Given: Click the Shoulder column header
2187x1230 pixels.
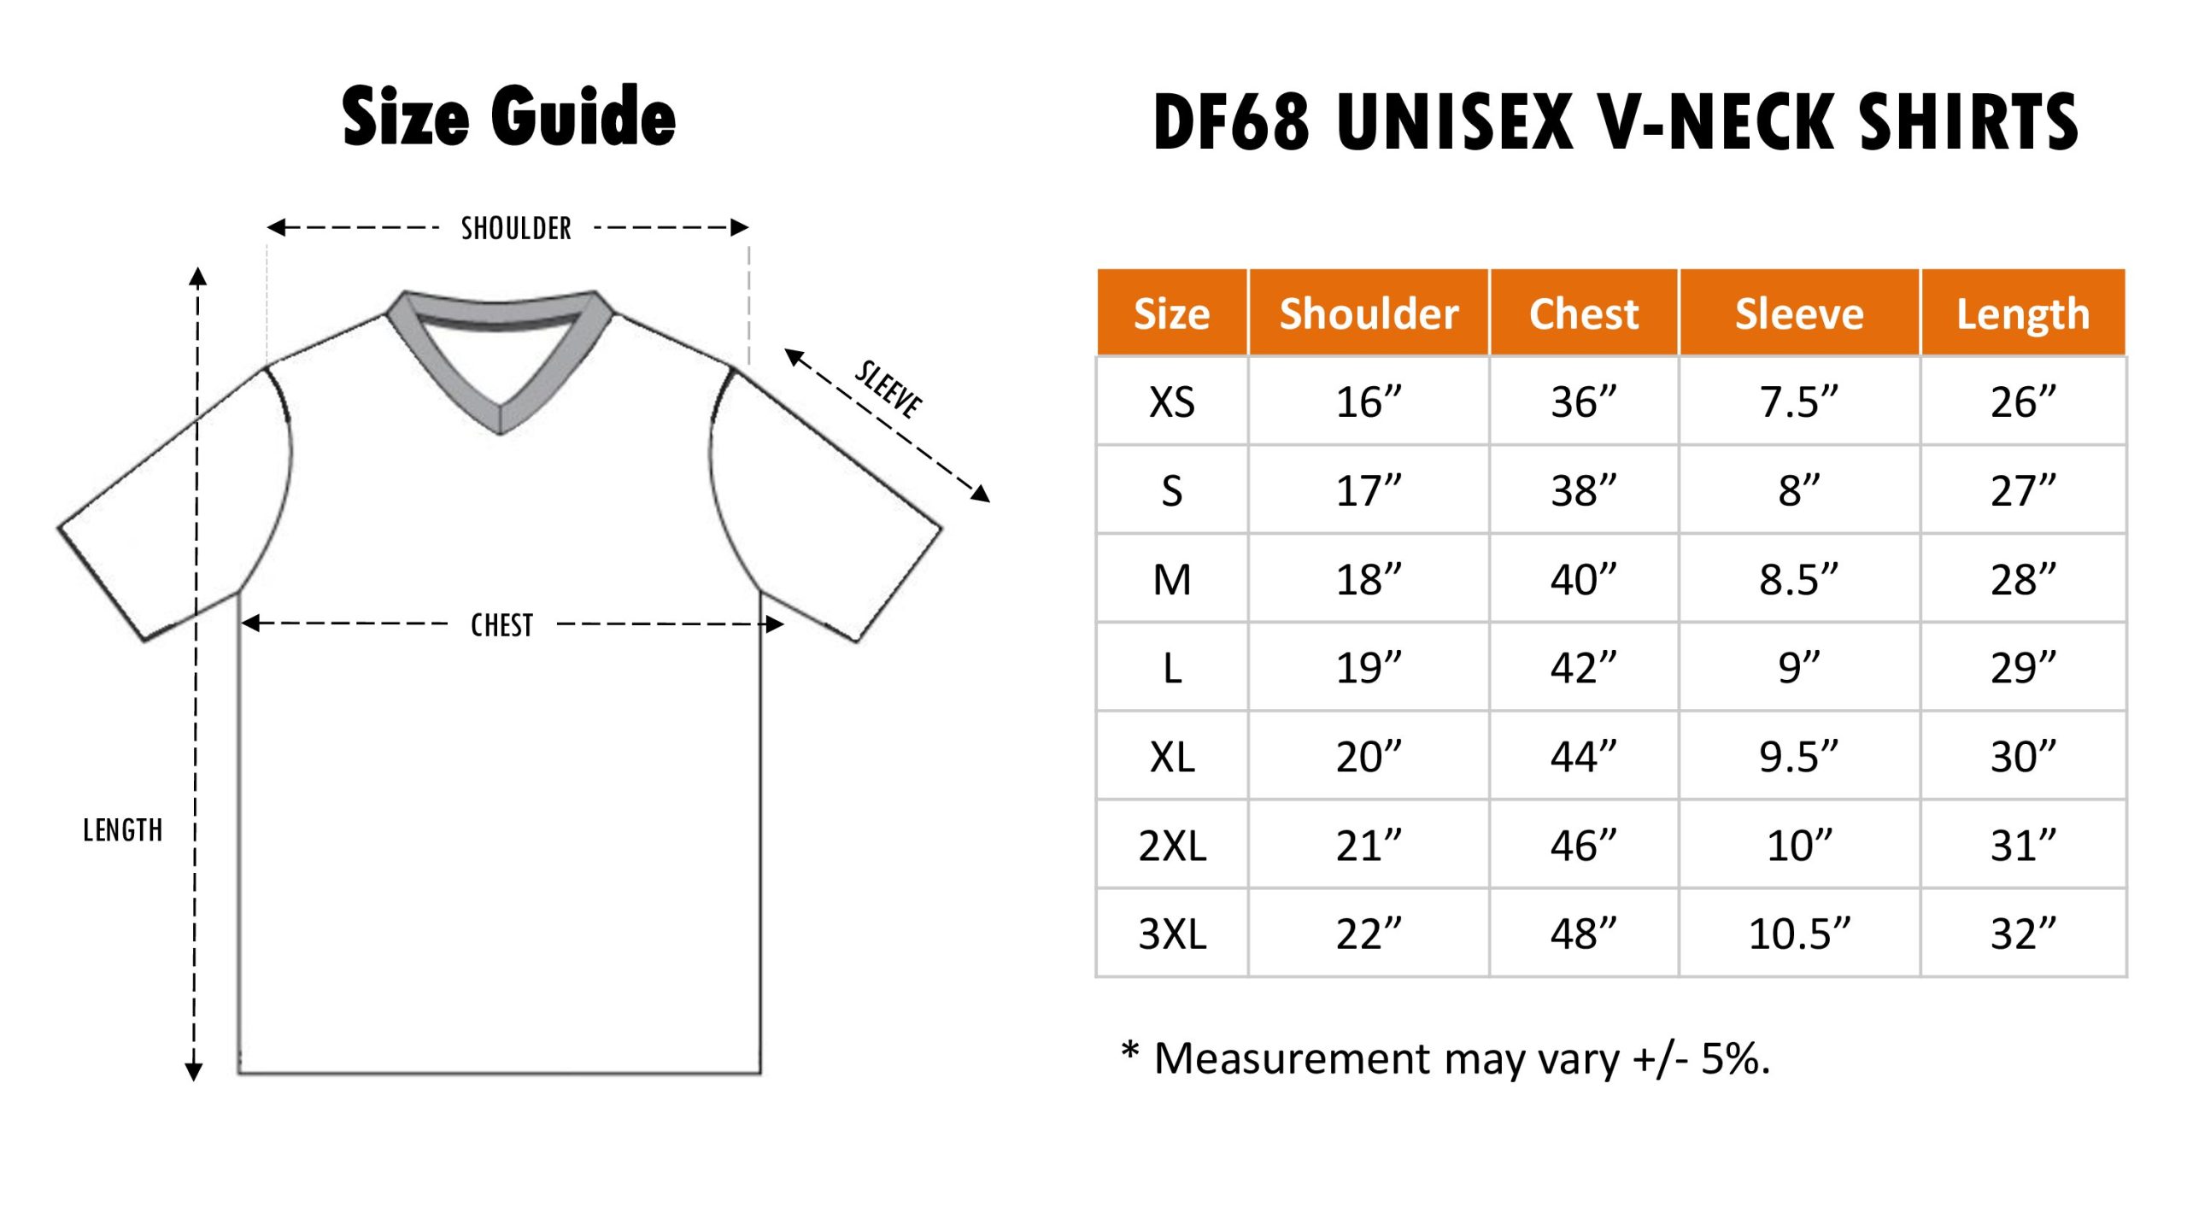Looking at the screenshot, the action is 1369,313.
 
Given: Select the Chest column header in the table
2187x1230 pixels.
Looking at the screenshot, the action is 1584,313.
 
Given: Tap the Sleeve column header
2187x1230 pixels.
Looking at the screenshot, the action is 1799,313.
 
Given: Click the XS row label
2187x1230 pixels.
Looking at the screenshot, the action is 1172,401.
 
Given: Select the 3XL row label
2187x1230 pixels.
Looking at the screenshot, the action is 1172,934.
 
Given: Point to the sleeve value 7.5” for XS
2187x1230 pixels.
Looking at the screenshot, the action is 1799,401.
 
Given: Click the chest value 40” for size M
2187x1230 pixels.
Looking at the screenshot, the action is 1584,579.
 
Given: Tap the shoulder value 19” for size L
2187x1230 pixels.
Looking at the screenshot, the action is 1369,667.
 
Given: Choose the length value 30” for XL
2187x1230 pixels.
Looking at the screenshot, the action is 2023,756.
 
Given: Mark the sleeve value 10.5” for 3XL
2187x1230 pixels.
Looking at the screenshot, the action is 1799,934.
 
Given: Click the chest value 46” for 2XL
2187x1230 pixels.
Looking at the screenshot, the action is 1584,845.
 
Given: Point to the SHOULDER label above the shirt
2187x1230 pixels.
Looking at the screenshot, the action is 516,228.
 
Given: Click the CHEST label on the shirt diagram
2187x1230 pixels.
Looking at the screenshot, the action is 501,625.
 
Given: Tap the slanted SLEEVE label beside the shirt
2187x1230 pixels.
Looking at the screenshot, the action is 889,389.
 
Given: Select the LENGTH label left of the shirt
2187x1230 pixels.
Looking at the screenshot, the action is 122,830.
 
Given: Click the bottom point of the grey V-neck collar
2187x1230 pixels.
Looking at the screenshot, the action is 500,432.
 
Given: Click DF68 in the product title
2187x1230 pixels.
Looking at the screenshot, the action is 1231,121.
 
